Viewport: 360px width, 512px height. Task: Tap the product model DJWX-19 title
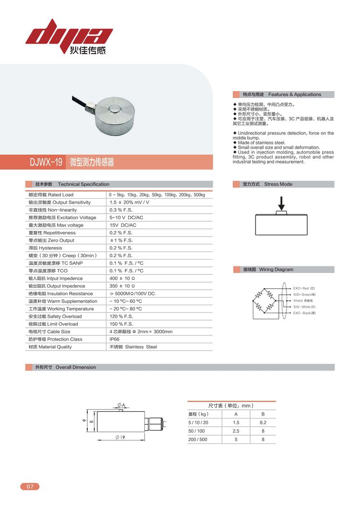pyautogui.click(x=46, y=162)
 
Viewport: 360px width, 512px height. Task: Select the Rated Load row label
pyautogui.click(x=51, y=195)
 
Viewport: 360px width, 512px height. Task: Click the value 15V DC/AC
pyautogui.click(x=123, y=225)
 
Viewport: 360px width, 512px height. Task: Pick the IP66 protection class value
pyautogui.click(x=115, y=339)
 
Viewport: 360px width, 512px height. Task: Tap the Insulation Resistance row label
pyautogui.click(x=60, y=294)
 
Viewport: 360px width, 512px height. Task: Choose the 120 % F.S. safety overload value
pyautogui.click(x=120, y=316)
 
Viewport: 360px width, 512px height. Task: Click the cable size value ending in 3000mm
pyautogui.click(x=141, y=332)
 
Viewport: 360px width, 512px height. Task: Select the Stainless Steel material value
pyautogui.click(x=133, y=347)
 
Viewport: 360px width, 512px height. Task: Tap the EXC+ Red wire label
pyautogui.click(x=304, y=288)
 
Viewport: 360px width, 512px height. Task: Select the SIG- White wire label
pyautogui.click(x=304, y=307)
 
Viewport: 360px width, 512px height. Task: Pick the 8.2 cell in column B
pyautogui.click(x=263, y=423)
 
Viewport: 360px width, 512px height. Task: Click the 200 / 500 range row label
pyautogui.click(x=198, y=440)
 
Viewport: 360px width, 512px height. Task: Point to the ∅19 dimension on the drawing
pyautogui.click(x=120, y=437)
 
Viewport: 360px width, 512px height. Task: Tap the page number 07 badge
pyautogui.click(x=30, y=487)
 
